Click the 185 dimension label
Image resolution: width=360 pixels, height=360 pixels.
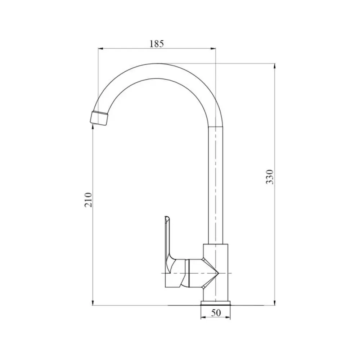click(157, 44)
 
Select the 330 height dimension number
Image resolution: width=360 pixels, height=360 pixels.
click(270, 177)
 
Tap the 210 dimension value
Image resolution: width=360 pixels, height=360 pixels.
click(89, 200)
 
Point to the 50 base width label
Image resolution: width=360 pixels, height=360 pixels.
click(216, 312)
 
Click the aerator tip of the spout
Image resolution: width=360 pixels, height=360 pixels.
click(99, 118)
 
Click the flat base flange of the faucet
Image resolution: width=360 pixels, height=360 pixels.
click(215, 303)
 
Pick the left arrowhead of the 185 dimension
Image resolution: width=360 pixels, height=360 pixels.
click(100, 49)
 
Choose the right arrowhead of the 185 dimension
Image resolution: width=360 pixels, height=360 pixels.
click(213, 49)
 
